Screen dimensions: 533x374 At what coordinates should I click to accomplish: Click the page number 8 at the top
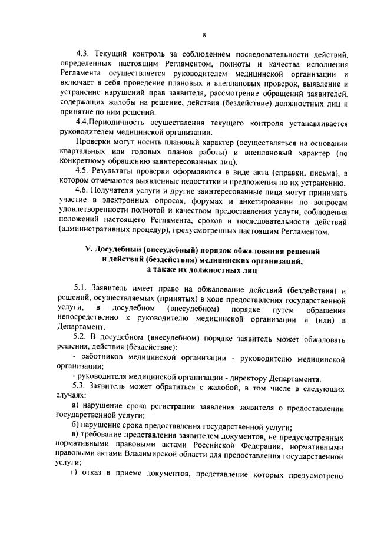click(187, 21)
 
